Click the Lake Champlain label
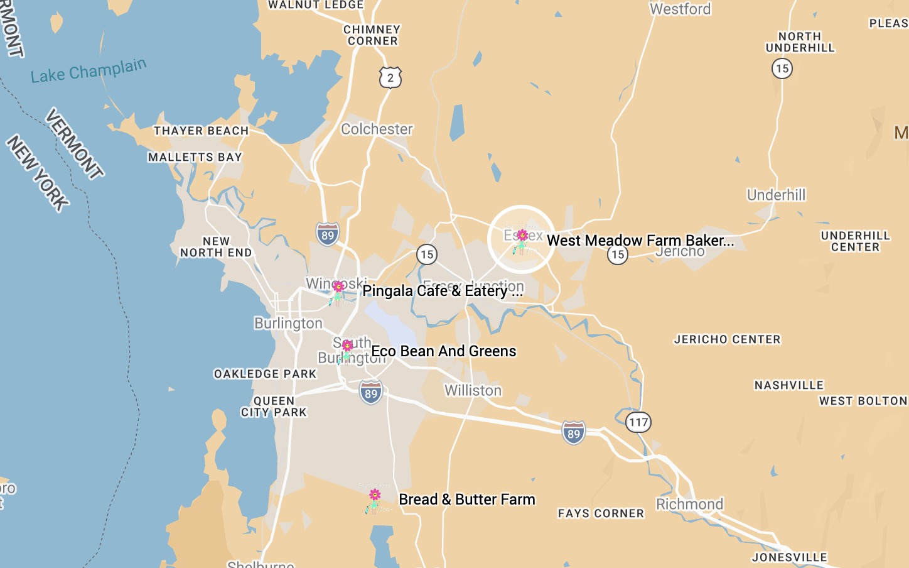pyautogui.click(x=89, y=70)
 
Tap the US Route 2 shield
pyautogui.click(x=390, y=78)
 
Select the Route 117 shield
pyautogui.click(x=638, y=422)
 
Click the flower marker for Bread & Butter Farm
pyautogui.click(x=375, y=500)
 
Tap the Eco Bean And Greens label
pyautogui.click(x=443, y=351)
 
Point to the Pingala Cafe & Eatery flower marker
pyautogui.click(x=338, y=292)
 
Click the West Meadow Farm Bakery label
pyautogui.click(x=640, y=241)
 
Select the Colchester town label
pyautogui.click(x=377, y=129)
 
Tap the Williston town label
pyautogui.click(x=473, y=391)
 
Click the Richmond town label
pyautogui.click(x=689, y=505)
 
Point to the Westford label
pyautogui.click(x=680, y=9)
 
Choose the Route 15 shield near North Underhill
pyautogui.click(x=782, y=68)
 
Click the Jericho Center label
pyautogui.click(x=727, y=339)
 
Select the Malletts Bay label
pyautogui.click(x=195, y=157)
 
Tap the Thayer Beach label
pyautogui.click(x=201, y=131)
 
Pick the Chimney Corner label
pyautogui.click(x=372, y=35)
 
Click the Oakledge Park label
pyautogui.click(x=265, y=374)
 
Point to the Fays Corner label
pyautogui.click(x=601, y=513)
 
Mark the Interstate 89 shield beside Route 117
pyautogui.click(x=573, y=433)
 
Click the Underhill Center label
pyautogui.click(x=855, y=241)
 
